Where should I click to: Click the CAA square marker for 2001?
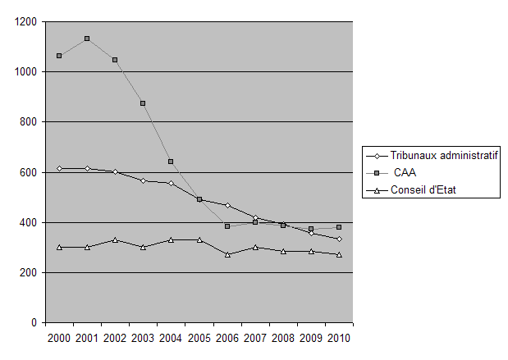point(87,39)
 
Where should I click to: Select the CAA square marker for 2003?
point(143,103)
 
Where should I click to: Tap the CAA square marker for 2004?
point(171,162)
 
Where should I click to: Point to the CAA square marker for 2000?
point(59,56)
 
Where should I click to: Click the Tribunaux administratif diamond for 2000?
point(59,168)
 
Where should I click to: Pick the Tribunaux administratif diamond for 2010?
point(339,239)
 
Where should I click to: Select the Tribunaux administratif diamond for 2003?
point(143,180)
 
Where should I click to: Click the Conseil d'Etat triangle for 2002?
point(115,239)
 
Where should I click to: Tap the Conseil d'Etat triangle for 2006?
point(227,255)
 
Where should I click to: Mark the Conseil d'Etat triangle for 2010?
point(339,255)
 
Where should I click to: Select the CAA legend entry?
point(401,173)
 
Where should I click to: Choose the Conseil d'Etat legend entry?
point(422,191)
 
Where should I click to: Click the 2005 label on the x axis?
point(199,339)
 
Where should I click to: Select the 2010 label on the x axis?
point(339,339)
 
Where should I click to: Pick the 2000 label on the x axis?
point(59,339)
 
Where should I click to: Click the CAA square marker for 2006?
point(227,226)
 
